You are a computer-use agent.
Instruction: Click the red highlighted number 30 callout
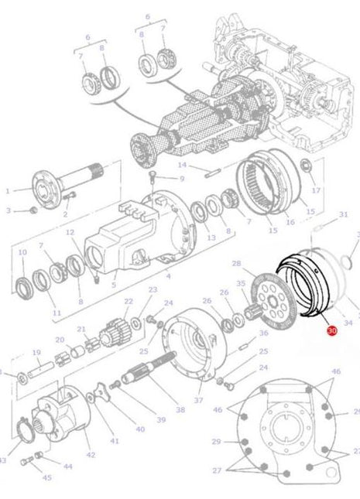tap(332, 330)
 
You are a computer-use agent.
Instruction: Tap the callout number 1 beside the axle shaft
tap(9, 190)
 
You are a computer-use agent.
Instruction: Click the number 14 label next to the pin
tap(183, 165)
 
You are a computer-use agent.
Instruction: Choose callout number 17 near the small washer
tap(315, 190)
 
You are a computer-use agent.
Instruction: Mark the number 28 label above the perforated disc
tap(236, 264)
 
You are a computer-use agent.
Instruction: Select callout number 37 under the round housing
tap(198, 400)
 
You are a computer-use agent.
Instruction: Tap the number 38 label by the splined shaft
tap(180, 409)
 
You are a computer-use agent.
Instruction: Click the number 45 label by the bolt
tap(47, 477)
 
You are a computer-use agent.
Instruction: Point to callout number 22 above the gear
tap(128, 301)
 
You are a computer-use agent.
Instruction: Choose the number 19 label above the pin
tap(36, 352)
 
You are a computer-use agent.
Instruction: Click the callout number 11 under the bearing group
tap(56, 313)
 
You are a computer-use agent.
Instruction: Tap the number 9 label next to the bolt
tap(182, 178)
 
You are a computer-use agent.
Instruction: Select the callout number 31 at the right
tap(344, 214)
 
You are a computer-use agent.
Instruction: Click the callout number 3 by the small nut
tap(9, 210)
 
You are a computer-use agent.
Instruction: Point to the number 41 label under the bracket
tap(115, 440)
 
